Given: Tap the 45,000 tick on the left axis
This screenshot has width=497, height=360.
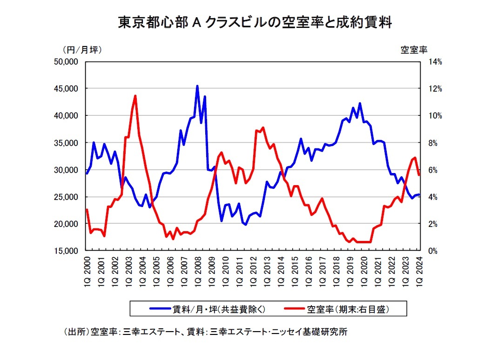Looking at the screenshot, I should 66,88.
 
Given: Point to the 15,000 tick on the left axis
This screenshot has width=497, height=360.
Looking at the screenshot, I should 66,251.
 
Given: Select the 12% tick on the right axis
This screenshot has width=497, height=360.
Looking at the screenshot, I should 435,88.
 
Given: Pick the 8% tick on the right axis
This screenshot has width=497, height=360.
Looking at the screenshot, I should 433,143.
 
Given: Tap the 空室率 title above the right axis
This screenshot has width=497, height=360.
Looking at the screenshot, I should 414,49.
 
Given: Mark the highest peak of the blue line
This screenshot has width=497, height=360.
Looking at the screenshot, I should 197,86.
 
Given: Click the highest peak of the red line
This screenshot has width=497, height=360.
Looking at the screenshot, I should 135,96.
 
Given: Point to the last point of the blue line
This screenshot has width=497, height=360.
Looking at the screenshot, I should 419,195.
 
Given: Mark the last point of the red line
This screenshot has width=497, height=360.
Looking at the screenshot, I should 419,175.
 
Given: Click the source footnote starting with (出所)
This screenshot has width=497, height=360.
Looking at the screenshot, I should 205,332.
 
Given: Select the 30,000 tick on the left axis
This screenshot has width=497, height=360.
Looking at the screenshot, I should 66,170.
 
